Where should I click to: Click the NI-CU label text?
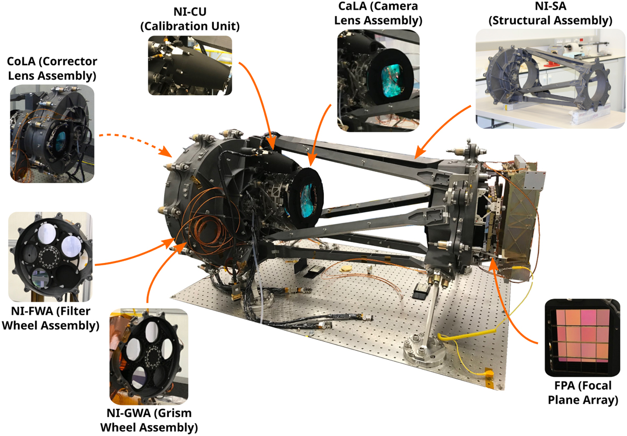(x=190, y=12)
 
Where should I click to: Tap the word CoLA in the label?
(x=21, y=61)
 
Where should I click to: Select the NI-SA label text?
(x=550, y=6)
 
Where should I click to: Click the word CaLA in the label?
(x=352, y=6)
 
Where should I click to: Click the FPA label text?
(x=564, y=386)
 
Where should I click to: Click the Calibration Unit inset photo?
(x=190, y=65)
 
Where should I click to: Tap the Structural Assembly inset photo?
(x=550, y=79)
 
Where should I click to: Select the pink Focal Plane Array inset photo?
(x=582, y=338)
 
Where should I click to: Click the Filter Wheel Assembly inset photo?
(x=50, y=257)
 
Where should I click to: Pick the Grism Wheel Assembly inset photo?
(x=148, y=357)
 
